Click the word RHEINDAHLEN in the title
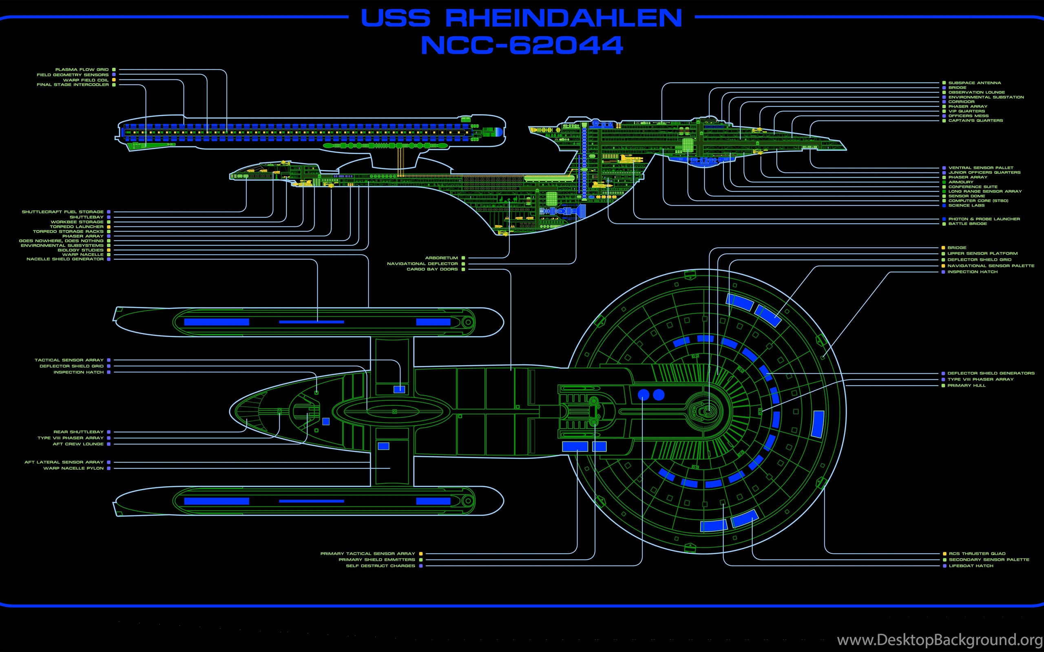(564, 18)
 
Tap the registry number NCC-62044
(522, 45)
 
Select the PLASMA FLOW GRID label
(82, 69)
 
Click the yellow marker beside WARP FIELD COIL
(114, 80)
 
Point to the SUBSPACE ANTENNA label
(975, 83)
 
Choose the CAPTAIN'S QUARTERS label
(975, 121)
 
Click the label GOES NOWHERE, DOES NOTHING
(61, 241)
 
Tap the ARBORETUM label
(441, 258)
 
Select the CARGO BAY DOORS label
(432, 269)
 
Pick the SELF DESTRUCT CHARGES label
(380, 566)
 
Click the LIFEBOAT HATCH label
(971, 566)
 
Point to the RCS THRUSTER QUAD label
(977, 554)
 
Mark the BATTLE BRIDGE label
(967, 224)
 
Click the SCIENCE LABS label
(967, 205)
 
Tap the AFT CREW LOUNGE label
(78, 444)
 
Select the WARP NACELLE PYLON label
(73, 468)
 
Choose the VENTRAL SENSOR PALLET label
(980, 168)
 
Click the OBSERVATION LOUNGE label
(977, 92)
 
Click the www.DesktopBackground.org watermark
(940, 640)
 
